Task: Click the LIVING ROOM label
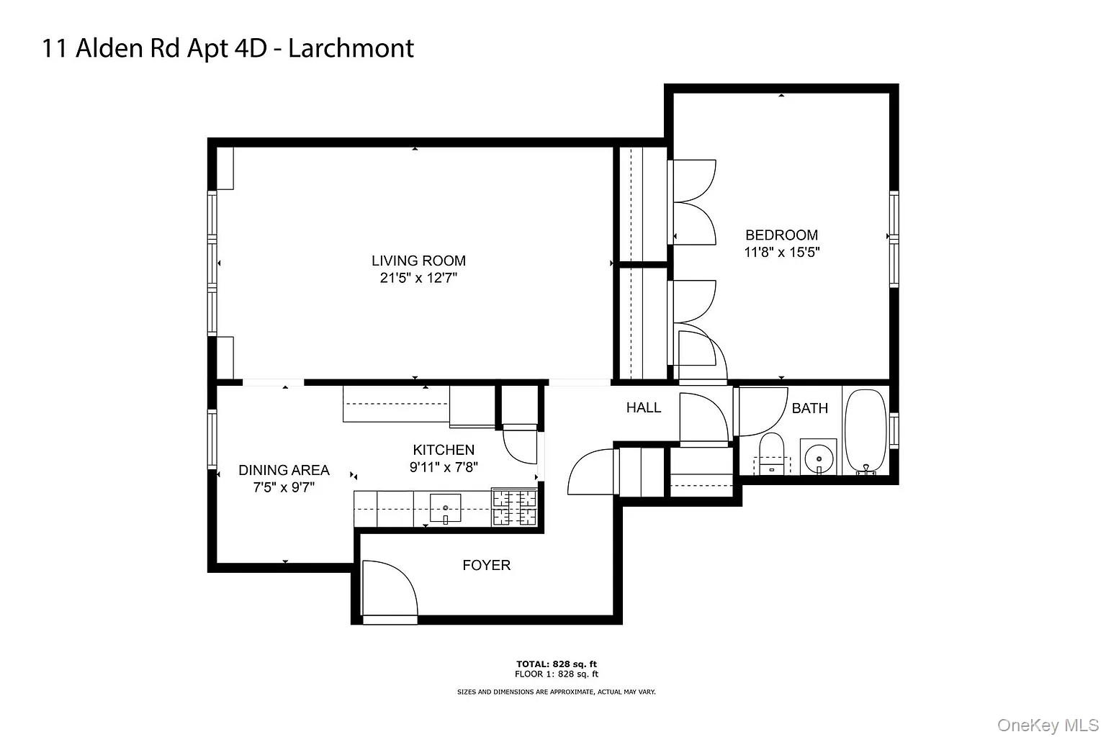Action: coord(418,261)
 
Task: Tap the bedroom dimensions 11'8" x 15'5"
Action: coord(781,253)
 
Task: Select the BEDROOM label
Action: coord(781,235)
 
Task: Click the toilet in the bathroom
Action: coord(771,453)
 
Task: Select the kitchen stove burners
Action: coord(514,507)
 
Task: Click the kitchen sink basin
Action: coord(446,507)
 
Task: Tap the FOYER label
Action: coord(486,565)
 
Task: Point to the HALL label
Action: coord(643,407)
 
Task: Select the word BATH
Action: coord(809,408)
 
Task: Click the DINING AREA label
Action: coord(284,470)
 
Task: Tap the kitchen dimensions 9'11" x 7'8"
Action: coord(444,467)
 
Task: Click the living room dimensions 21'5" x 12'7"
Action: coord(418,278)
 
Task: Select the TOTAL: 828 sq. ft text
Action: coord(556,664)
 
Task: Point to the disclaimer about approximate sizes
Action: coord(556,692)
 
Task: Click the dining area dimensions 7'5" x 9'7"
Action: coord(284,487)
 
